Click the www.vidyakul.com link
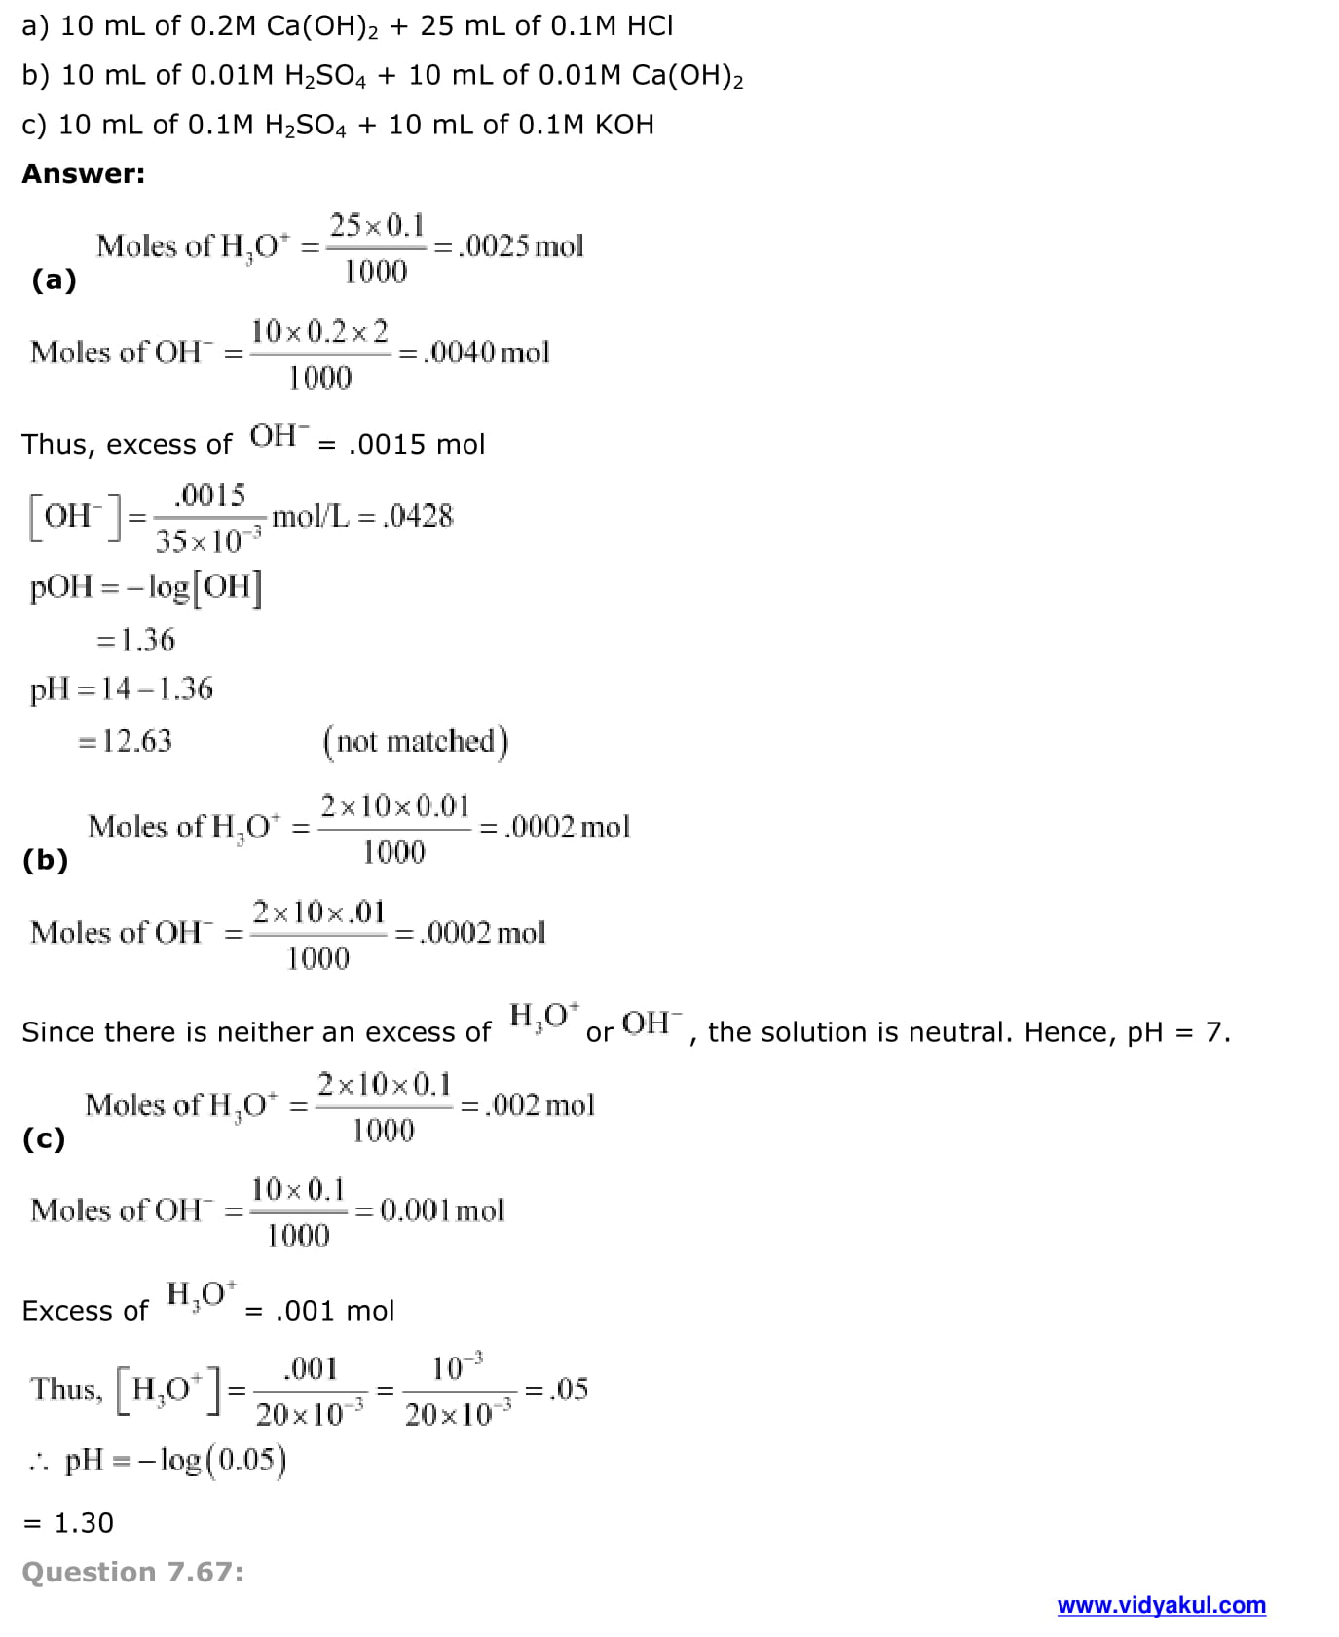click(1161, 1604)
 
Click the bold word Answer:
click(83, 173)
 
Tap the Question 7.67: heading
click(132, 1571)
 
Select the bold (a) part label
click(54, 279)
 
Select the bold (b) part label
click(46, 859)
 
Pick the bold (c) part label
click(44, 1137)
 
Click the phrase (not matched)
click(416, 741)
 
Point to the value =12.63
click(125, 741)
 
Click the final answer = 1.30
click(68, 1522)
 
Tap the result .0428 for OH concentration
click(419, 516)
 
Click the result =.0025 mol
click(508, 245)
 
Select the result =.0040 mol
click(474, 352)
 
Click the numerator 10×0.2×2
click(319, 331)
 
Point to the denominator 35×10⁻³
click(208, 539)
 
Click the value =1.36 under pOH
click(135, 640)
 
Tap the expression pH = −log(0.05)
click(175, 1460)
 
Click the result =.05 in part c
click(557, 1389)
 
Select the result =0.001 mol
click(429, 1210)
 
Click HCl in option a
click(650, 25)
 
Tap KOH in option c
click(623, 125)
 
